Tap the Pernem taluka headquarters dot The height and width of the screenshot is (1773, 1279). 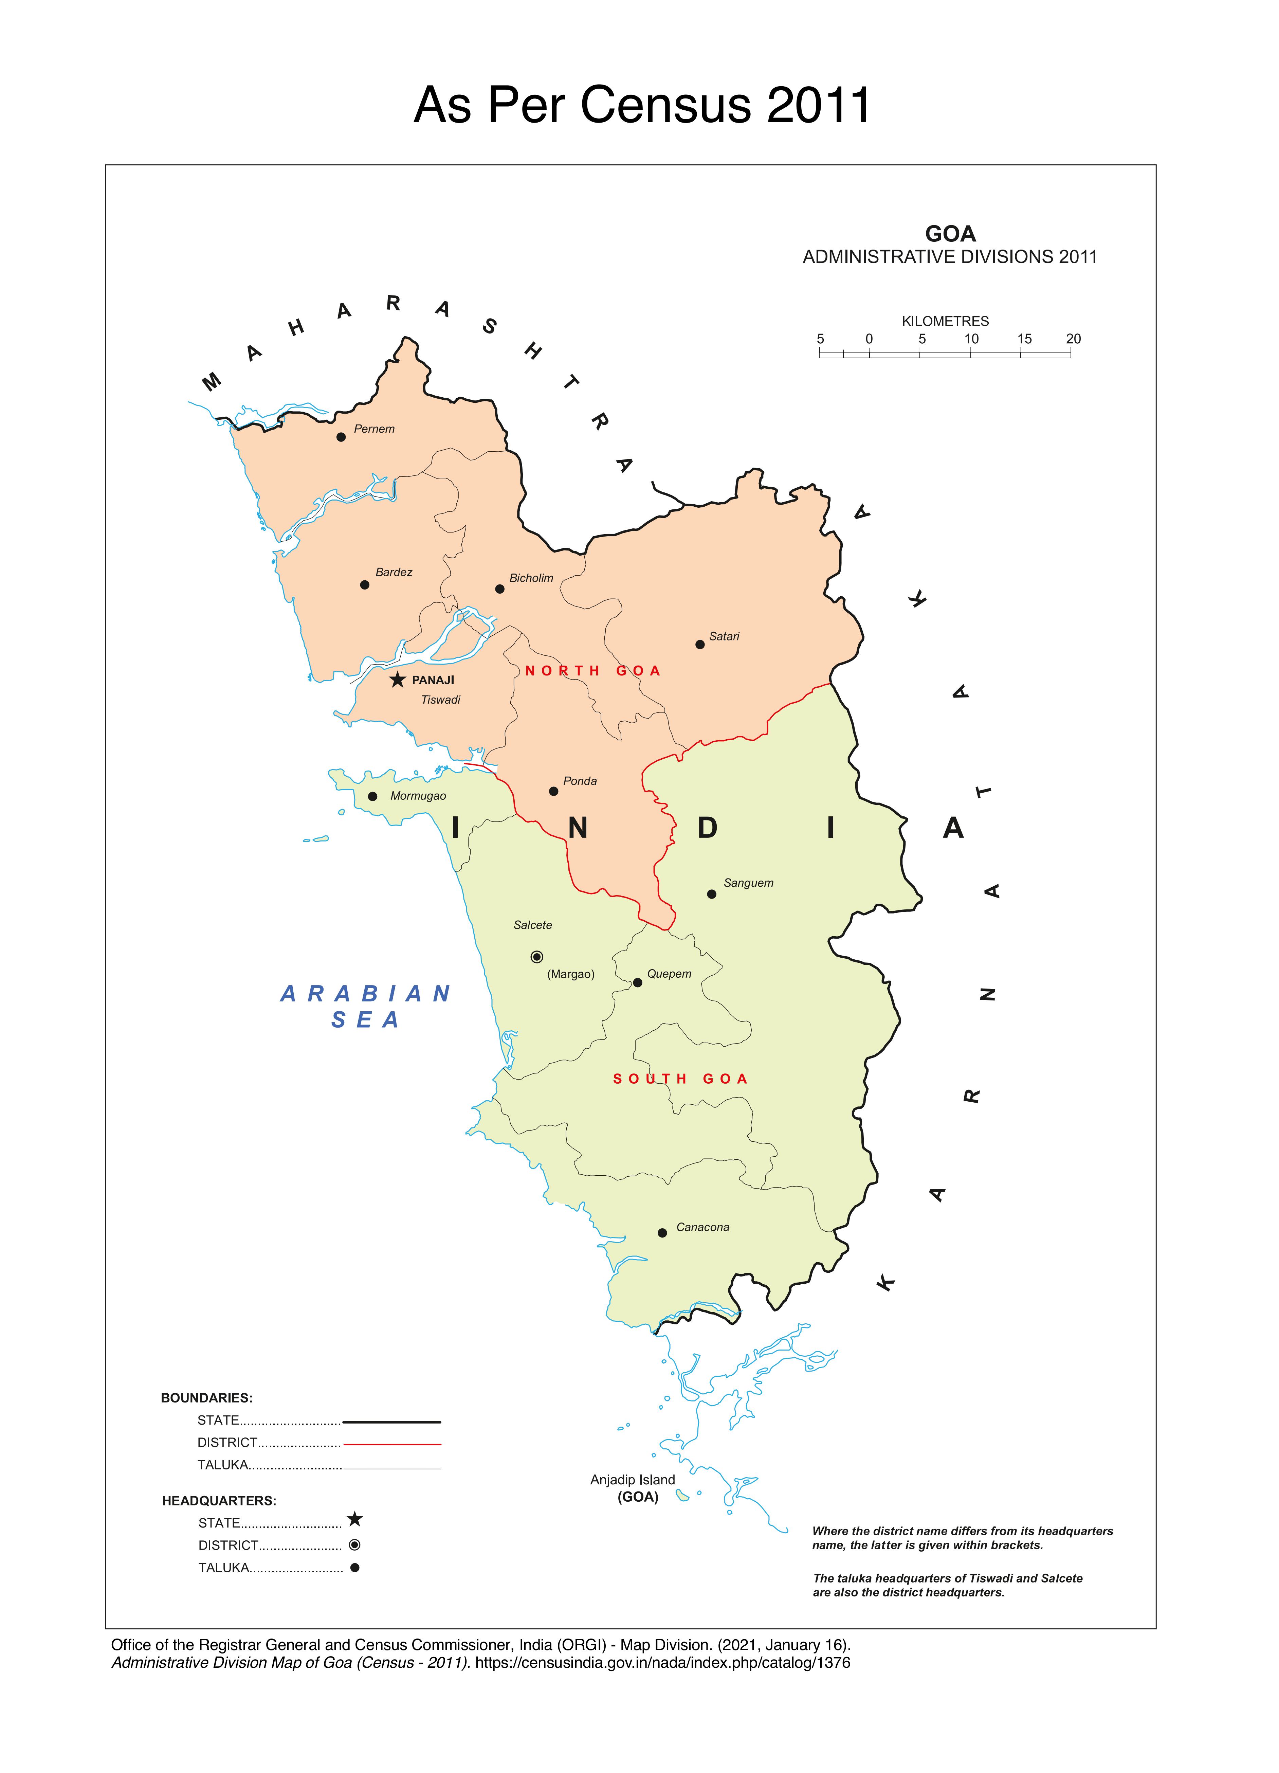point(341,437)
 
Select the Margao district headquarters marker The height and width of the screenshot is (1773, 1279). point(536,957)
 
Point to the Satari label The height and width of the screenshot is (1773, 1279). point(724,636)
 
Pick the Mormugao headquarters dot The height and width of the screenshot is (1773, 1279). point(373,797)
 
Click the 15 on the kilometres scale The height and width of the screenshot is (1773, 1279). point(1024,339)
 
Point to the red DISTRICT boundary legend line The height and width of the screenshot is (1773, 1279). point(392,1444)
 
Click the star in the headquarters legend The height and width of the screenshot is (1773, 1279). point(355,1519)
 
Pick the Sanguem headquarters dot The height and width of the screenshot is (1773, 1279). point(711,894)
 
